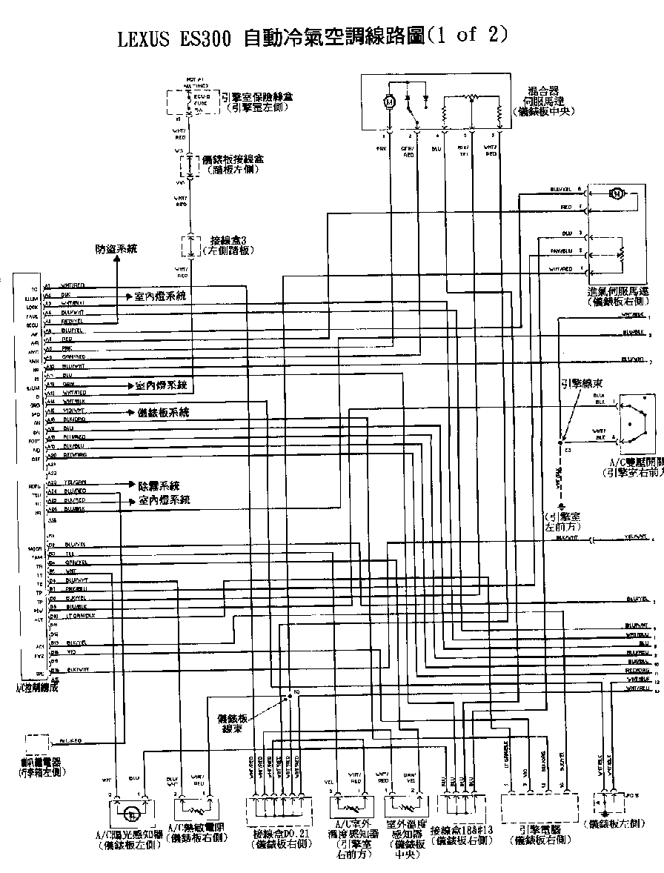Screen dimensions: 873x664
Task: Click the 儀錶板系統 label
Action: pyautogui.click(x=164, y=412)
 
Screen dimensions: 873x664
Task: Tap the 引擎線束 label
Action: pyautogui.click(x=580, y=384)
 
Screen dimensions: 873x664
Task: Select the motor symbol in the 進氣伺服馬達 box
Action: pyautogui.click(x=616, y=194)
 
